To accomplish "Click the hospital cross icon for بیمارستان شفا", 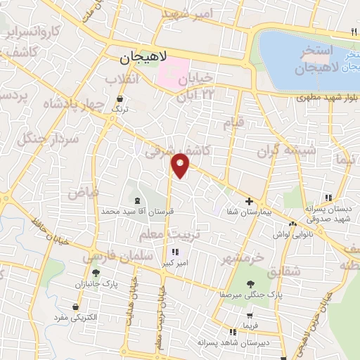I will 249,201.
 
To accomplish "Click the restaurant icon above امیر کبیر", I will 174,252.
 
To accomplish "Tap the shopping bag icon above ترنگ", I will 120,98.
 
